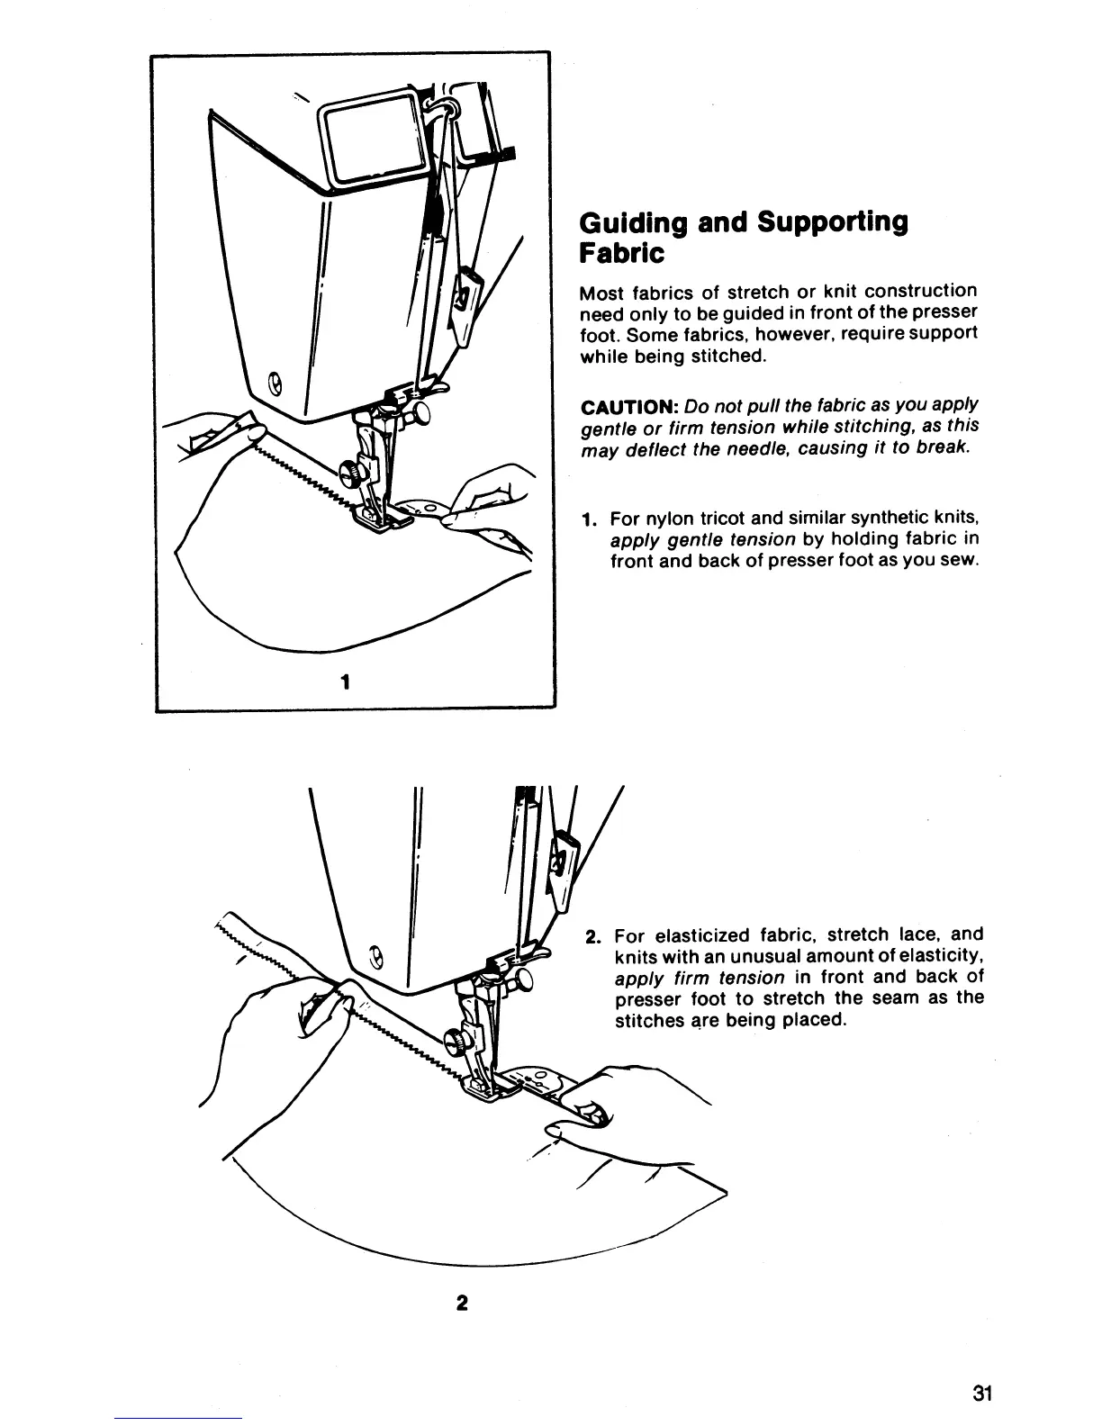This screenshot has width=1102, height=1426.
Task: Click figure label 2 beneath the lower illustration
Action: coord(462,1303)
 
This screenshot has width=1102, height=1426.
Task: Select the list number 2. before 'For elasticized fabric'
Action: coord(592,935)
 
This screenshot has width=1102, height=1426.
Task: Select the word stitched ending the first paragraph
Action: coord(731,355)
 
